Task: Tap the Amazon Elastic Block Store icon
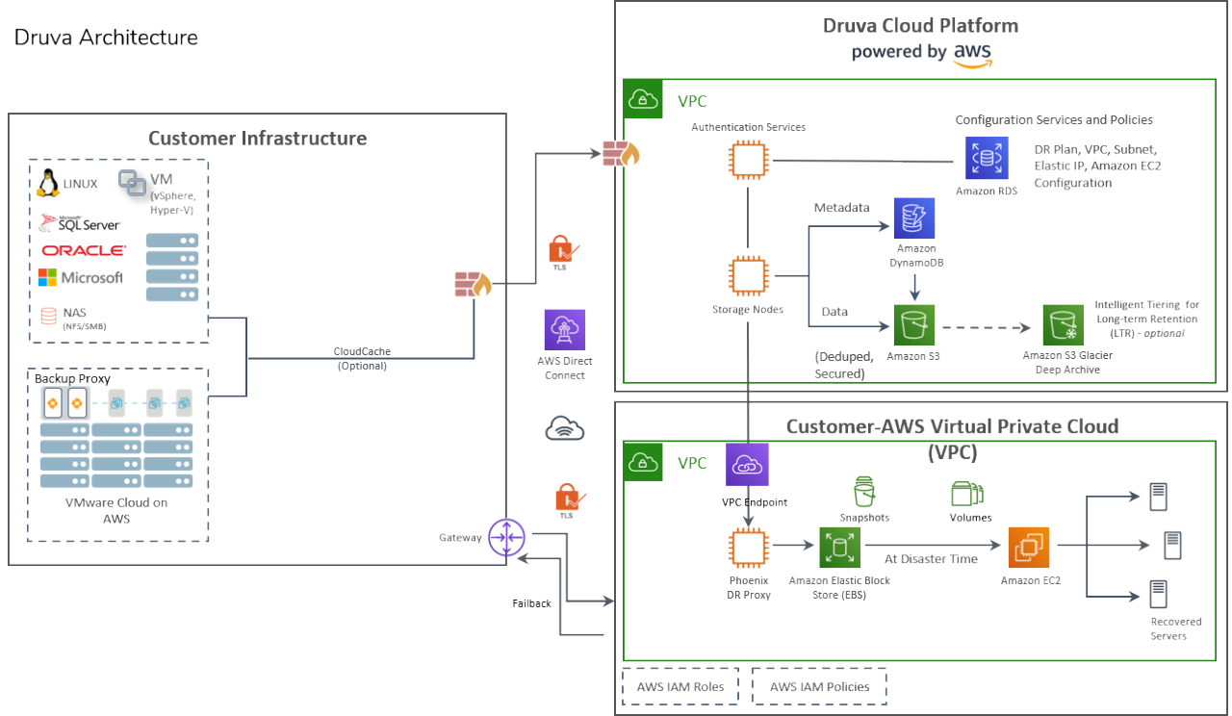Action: pyautogui.click(x=838, y=549)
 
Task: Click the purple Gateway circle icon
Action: pyautogui.click(x=505, y=537)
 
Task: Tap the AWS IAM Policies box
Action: pyautogui.click(x=819, y=687)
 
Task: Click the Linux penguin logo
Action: pyautogui.click(x=48, y=182)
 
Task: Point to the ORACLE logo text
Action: pyautogui.click(x=83, y=250)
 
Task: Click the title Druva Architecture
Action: pyautogui.click(x=106, y=38)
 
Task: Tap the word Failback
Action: pyautogui.click(x=531, y=603)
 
